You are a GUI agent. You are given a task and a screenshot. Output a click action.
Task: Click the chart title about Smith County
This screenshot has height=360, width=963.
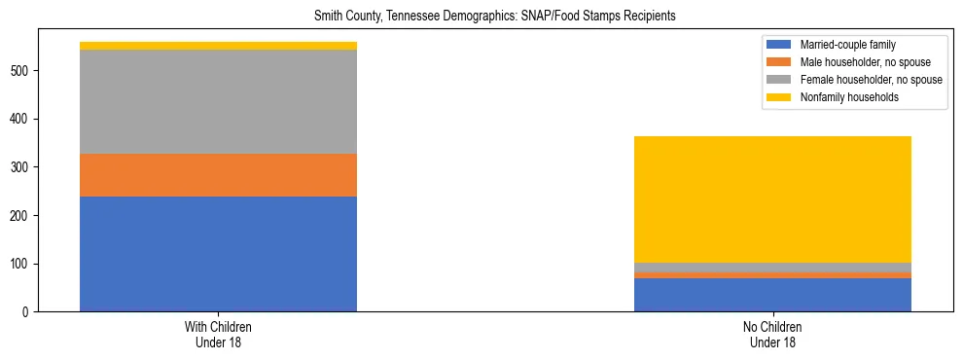click(x=494, y=17)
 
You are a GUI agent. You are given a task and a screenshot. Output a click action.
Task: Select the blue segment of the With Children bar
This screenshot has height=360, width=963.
click(x=218, y=254)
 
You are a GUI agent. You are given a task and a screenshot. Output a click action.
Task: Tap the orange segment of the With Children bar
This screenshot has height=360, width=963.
click(x=218, y=175)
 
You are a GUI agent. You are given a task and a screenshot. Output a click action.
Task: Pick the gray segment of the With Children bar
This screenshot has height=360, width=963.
click(x=218, y=101)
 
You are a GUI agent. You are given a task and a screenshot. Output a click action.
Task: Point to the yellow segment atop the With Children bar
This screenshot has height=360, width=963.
click(x=218, y=46)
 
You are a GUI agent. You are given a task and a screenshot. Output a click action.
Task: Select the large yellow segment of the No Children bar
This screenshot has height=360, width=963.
click(x=772, y=199)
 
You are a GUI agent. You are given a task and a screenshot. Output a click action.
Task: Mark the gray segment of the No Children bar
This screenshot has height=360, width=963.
click(x=772, y=268)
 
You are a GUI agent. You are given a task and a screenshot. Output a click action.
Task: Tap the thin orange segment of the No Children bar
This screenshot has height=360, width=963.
click(x=772, y=275)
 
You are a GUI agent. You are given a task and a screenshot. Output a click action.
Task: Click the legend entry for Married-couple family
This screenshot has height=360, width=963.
click(x=847, y=45)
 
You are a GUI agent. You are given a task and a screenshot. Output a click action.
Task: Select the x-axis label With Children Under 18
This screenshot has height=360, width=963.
click(x=218, y=334)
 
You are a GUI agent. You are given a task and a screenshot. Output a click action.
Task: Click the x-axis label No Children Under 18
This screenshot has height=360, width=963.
click(x=772, y=334)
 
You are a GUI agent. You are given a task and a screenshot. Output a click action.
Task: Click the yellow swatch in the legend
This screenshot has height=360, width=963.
click(x=779, y=97)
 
